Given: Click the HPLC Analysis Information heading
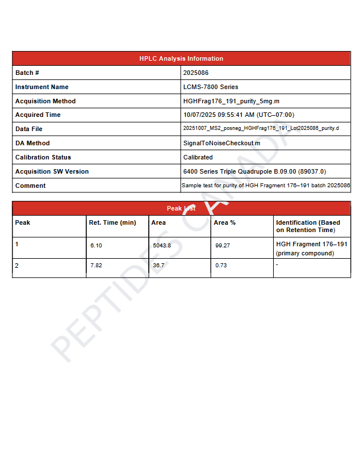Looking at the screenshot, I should point(181,58).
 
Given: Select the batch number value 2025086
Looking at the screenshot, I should point(196,73).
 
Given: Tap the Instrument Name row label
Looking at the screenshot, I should point(41,87).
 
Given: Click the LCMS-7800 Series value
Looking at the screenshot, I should point(211,87).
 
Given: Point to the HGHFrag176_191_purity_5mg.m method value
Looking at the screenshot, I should point(231,101).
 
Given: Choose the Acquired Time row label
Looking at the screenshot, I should point(38,115).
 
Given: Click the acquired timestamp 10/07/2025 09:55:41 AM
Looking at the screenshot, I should point(238,115).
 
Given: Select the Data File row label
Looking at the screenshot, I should point(29,129).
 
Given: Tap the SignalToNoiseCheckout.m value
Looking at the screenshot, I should point(221,143).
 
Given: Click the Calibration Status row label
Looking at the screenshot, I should point(43,157).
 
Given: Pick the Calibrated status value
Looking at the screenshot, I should point(198,157).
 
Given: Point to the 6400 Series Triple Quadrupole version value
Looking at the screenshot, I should point(254,171).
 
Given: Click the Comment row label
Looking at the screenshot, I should point(31,186).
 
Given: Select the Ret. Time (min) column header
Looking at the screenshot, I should point(112,222).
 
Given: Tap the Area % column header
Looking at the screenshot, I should point(224,222).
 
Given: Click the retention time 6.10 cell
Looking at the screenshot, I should point(96,246).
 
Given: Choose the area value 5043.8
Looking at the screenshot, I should point(162,246).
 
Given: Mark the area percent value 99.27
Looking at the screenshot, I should point(223,246).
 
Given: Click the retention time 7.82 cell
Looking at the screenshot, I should point(96,266).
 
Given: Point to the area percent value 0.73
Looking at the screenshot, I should point(221,266).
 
